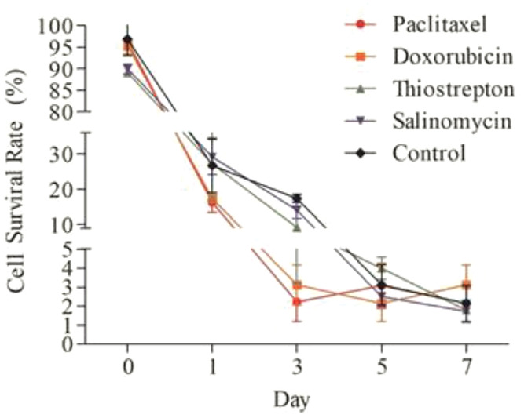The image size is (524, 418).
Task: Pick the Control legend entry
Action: [x=429, y=152]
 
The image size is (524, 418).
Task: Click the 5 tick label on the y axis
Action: [x=69, y=249]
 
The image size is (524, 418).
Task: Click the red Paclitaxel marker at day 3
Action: [x=296, y=301]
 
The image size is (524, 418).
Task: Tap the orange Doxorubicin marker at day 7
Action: [x=466, y=284]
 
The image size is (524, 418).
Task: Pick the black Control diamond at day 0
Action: [x=127, y=39]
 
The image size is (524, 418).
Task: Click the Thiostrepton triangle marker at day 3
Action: [x=296, y=227]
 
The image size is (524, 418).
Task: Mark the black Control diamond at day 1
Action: [x=211, y=165]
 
